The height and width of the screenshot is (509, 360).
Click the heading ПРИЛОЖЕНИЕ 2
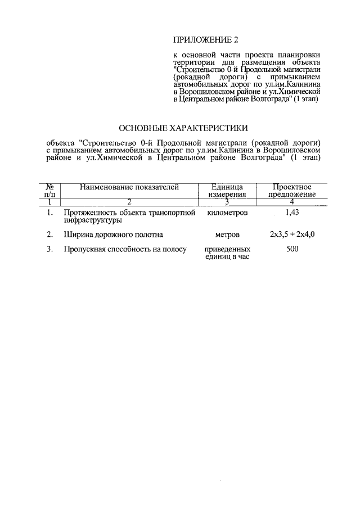pos(206,40)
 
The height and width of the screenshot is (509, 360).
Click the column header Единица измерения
pos(227,191)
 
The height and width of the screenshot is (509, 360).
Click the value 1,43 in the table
pos(292,213)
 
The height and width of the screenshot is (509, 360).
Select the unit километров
pos(227,213)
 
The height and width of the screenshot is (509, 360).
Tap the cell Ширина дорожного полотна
pos(113,234)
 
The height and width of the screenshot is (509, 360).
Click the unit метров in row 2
pos(227,234)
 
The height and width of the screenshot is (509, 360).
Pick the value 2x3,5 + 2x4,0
pos(292,234)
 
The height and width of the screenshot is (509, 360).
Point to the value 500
pos(292,249)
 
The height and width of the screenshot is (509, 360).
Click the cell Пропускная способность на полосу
pos(125,249)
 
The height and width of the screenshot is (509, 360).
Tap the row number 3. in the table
pos(50,249)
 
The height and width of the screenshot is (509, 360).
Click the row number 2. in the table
pos(50,234)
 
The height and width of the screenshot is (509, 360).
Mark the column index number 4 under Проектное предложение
pos(292,201)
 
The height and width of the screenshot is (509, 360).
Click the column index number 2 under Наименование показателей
pos(129,201)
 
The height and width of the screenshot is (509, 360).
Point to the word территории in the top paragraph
pos(192,61)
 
